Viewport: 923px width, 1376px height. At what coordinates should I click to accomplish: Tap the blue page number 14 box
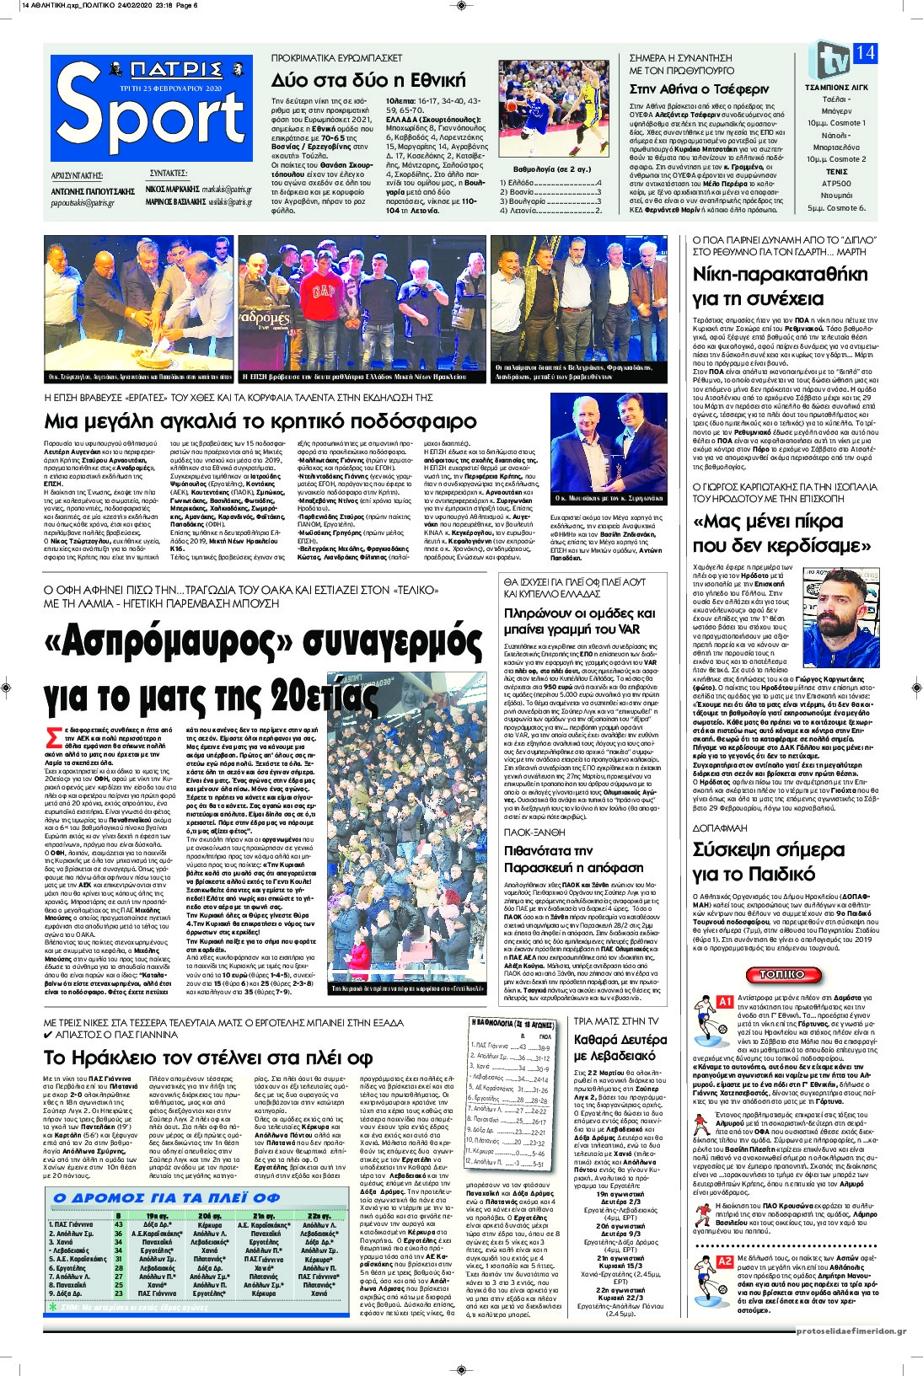(864, 52)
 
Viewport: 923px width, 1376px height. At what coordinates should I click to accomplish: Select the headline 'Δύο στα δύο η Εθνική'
(368, 81)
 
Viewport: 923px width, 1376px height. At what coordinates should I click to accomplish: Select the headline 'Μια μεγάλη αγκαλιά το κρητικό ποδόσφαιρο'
(260, 420)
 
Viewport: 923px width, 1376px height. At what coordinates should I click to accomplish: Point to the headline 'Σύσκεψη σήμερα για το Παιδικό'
(768, 859)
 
